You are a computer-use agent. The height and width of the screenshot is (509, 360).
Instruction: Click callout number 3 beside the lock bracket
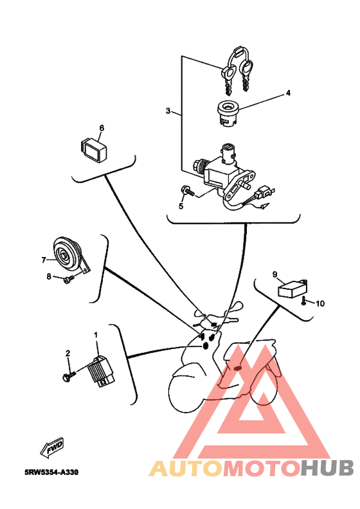pos(168,111)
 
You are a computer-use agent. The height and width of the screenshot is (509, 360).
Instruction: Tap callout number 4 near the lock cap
pos(288,93)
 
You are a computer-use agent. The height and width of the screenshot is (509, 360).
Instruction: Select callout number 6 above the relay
pos(102,128)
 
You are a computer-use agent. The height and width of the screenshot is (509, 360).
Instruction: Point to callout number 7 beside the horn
pos(44,260)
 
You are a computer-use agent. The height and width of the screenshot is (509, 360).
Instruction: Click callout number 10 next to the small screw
pos(320,303)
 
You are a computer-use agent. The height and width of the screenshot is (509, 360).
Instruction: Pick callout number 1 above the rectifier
pos(96,334)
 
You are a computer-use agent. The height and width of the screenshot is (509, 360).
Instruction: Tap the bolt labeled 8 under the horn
pos(69,280)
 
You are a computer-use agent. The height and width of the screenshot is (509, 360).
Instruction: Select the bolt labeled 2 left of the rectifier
pos(69,377)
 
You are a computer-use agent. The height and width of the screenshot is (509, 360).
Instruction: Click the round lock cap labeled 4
pos(230,114)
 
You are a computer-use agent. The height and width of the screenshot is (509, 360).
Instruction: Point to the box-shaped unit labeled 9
pos(292,289)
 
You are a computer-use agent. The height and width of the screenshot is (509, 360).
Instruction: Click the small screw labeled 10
pos(303,301)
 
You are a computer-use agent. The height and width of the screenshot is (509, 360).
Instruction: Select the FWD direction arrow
pos(52,448)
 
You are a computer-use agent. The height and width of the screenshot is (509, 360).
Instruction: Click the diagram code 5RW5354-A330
pos(51,472)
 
